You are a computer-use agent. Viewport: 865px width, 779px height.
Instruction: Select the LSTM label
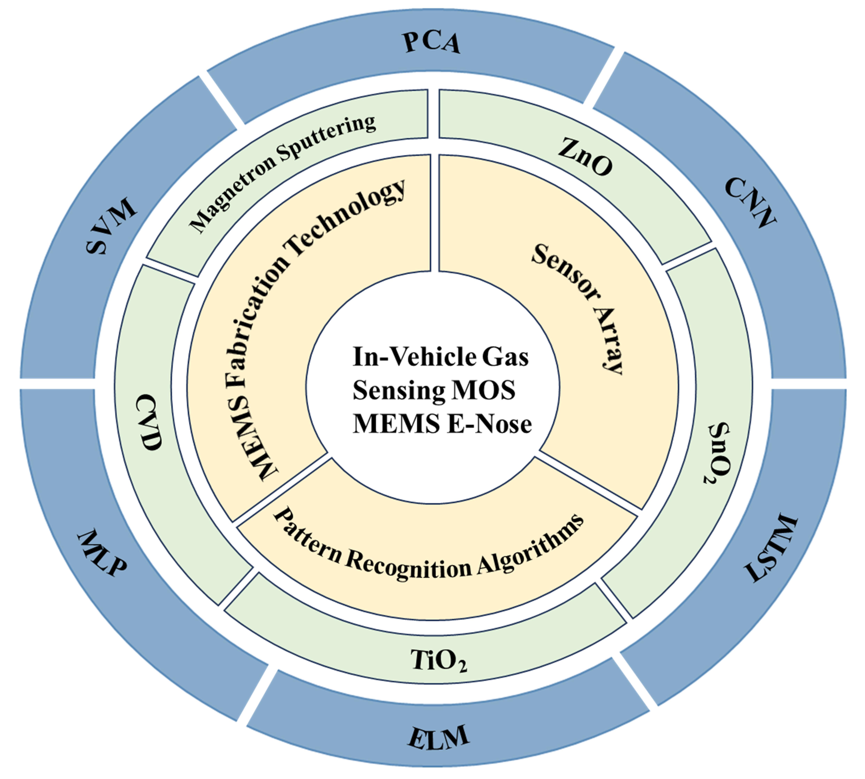(x=771, y=549)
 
